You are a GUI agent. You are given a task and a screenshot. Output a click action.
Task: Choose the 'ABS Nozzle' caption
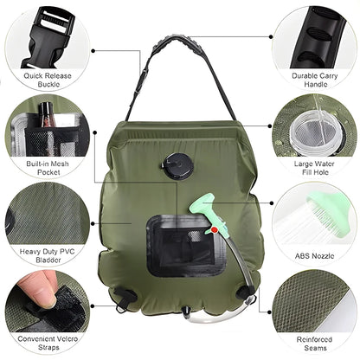click(x=313, y=254)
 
